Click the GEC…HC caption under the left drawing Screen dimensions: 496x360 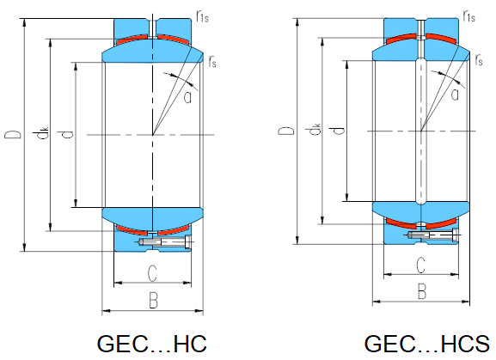coord(152,344)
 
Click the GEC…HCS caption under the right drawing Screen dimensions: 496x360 coord(427,344)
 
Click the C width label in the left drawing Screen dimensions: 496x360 coord(152,273)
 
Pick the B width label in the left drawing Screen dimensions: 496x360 coord(153,300)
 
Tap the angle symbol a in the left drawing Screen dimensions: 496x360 coord(188,97)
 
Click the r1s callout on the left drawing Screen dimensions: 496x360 coord(203,15)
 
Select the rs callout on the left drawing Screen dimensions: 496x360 coord(212,61)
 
